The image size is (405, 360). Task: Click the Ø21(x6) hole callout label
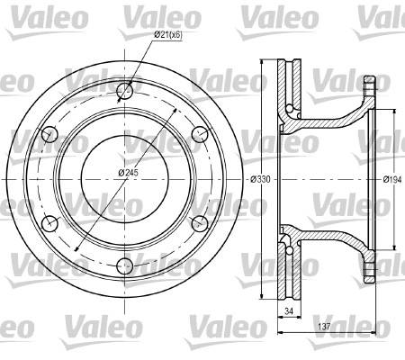coord(168,35)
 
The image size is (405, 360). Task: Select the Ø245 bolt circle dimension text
coord(128,173)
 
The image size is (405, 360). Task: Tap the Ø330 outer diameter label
coord(260,179)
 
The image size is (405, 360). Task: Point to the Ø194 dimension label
coord(392,179)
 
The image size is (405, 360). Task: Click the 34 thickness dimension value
coord(289,311)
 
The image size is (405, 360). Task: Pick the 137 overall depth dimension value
coord(324,327)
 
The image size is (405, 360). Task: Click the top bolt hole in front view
coord(124,90)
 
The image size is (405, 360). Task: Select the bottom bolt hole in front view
coord(124,265)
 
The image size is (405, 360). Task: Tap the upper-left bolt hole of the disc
coord(49,134)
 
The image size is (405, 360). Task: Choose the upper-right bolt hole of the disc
coord(200,134)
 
